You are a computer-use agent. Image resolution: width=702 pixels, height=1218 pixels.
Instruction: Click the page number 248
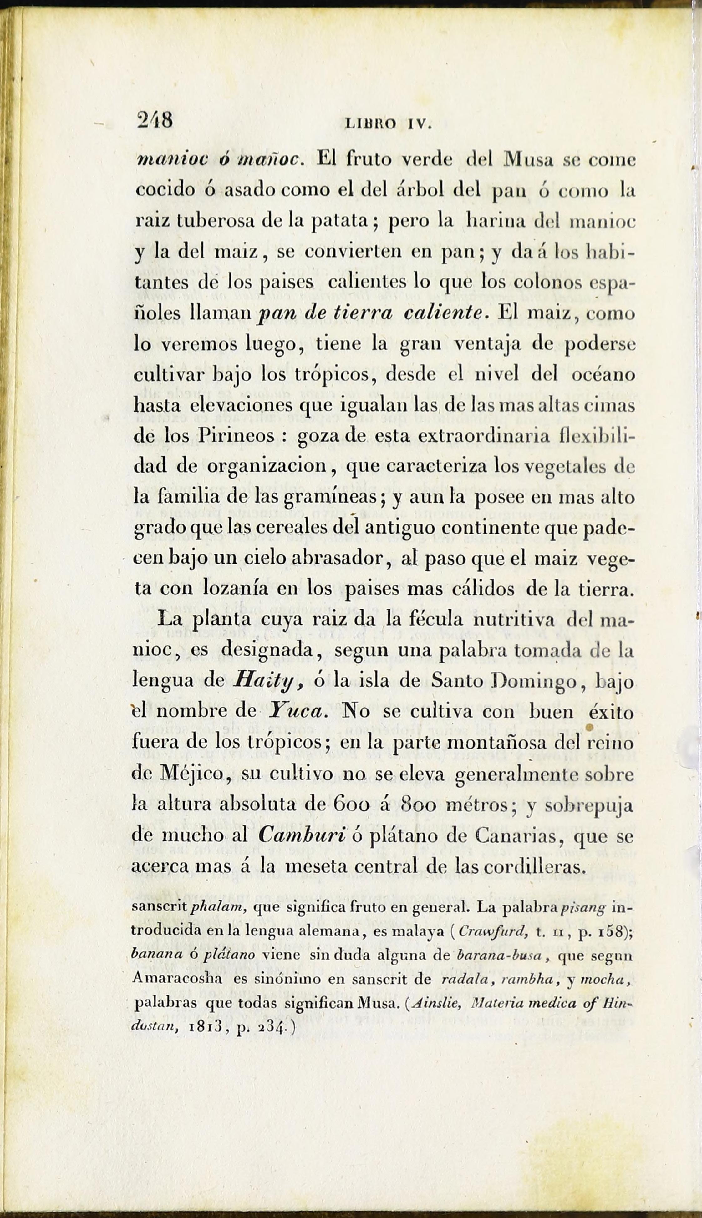coord(155,120)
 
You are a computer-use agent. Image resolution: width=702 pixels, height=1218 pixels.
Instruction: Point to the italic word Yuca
coord(296,711)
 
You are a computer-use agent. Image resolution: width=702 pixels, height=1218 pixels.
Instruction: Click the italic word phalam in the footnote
coord(219,908)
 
